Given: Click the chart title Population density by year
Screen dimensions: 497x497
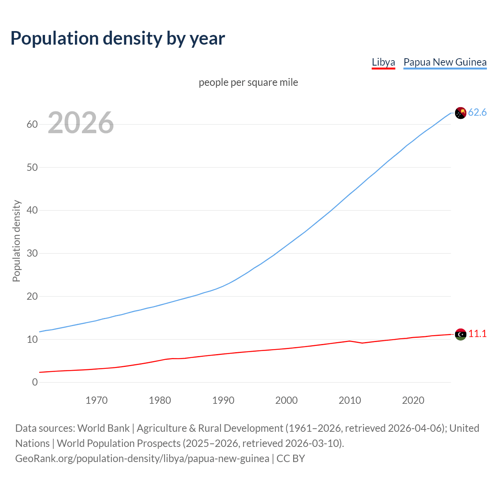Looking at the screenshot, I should pos(118,38).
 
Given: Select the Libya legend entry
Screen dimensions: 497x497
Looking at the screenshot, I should pos(383,63).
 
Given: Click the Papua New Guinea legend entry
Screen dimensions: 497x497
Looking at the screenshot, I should pos(445,63).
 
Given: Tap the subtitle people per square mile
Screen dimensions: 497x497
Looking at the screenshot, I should pos(248,82).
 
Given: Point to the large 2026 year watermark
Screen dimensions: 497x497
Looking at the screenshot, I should pos(81,123).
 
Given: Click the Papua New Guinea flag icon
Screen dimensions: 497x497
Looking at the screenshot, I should pos(460,113).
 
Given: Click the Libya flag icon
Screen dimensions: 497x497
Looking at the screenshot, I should pos(461,334).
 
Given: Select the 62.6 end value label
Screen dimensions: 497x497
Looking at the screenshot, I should pos(477,113).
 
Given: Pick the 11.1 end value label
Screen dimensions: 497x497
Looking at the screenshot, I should pos(477,334).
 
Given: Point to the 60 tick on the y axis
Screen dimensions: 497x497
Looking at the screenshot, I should pos(32,125).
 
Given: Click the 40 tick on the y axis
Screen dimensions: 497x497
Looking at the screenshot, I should pos(32,210).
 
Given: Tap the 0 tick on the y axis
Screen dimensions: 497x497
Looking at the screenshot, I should pos(35,382).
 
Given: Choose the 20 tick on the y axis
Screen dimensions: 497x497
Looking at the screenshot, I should pos(32,297).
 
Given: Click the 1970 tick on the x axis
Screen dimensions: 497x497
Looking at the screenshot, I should pos(96,400).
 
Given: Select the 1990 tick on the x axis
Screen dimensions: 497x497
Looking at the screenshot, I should pos(223,400).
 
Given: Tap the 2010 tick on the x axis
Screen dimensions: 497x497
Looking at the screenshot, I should pos(350,400).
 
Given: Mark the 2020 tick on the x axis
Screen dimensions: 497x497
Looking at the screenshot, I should pos(413,400).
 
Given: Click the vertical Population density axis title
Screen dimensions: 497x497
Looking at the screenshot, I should pos(16,241).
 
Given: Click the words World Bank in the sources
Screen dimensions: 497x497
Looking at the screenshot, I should pos(103,428).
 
